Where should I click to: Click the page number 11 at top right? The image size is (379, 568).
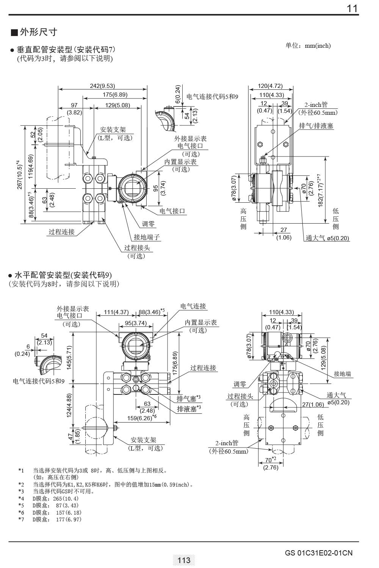click(x=352, y=8)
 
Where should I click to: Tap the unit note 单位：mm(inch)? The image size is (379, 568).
click(x=308, y=46)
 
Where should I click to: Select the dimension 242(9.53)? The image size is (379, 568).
click(x=102, y=86)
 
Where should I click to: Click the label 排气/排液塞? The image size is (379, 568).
click(x=316, y=126)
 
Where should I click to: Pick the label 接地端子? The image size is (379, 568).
click(x=147, y=237)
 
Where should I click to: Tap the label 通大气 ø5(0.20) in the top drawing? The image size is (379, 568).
click(x=327, y=238)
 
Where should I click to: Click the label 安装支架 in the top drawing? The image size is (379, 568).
click(x=113, y=130)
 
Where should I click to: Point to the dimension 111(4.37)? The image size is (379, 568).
click(x=116, y=312)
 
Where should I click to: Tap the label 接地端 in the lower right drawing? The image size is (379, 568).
click(x=342, y=374)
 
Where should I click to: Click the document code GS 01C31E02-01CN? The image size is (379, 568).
click(x=318, y=553)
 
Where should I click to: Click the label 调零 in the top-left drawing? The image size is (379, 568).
click(x=149, y=224)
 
